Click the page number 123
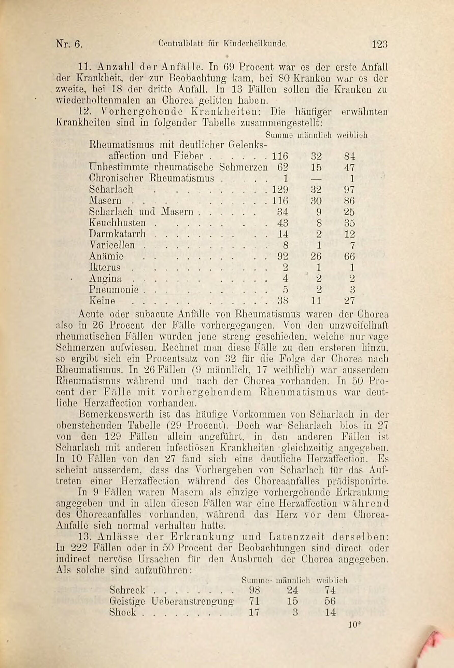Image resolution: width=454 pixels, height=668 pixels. pyautogui.click(x=380, y=44)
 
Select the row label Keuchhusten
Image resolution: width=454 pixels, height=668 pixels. pyautogui.click(x=118, y=223)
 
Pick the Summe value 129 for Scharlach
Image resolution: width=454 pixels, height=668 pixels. pyautogui.click(x=280, y=189)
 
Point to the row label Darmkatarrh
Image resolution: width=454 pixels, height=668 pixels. pyautogui.click(x=118, y=234)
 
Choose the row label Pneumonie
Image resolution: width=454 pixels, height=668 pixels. pyautogui.click(x=114, y=289)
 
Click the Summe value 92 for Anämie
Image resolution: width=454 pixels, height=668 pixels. pyautogui.click(x=282, y=256)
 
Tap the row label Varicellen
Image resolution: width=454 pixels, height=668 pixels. pyautogui.click(x=112, y=245)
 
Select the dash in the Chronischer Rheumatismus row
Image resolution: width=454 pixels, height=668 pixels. pyautogui.click(x=316, y=178)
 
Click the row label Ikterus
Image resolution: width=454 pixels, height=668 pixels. pyautogui.click(x=105, y=267)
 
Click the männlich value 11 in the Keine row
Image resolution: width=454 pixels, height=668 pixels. pyautogui.click(x=316, y=301)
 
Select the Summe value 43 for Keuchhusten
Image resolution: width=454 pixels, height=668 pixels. pyautogui.click(x=282, y=223)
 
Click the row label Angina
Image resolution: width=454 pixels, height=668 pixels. pyautogui.click(x=105, y=279)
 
